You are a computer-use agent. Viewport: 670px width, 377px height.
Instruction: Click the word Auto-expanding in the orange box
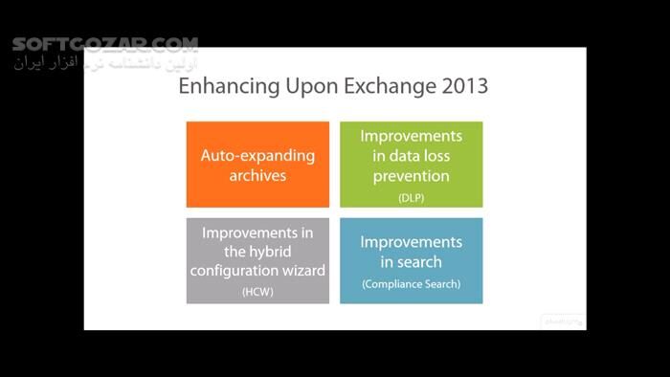click(x=257, y=155)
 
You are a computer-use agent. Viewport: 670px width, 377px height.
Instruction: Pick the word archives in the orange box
click(x=257, y=175)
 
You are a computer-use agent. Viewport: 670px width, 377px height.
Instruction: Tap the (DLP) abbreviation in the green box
click(x=411, y=197)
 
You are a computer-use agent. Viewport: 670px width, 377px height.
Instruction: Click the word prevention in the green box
click(x=411, y=176)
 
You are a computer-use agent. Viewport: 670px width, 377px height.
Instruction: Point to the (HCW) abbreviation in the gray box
click(x=257, y=292)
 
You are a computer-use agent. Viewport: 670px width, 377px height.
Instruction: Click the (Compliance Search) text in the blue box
click(x=411, y=284)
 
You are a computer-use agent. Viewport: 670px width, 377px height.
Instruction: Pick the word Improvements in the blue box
click(x=411, y=242)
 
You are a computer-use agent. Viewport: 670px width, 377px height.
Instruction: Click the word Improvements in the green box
click(x=411, y=136)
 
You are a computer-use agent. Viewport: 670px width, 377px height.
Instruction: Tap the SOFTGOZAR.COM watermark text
click(x=105, y=44)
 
